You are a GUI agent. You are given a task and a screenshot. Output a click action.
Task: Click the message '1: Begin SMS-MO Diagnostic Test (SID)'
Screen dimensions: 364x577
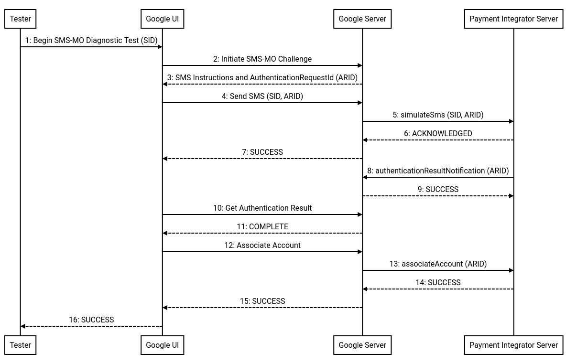point(91,41)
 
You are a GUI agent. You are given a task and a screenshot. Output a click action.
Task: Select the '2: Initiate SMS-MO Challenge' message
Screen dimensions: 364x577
point(262,59)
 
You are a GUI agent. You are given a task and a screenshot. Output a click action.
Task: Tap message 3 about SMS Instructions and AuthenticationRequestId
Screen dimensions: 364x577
point(262,78)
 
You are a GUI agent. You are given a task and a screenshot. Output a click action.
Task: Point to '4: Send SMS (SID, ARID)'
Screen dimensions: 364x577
point(262,96)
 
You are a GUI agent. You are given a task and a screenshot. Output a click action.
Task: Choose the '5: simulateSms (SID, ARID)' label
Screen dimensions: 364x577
point(438,115)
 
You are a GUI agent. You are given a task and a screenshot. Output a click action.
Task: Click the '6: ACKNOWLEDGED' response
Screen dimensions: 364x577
point(438,134)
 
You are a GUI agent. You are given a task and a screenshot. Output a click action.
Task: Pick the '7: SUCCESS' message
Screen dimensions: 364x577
point(262,152)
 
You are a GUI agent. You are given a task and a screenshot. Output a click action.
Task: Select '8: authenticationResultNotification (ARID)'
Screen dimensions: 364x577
point(438,171)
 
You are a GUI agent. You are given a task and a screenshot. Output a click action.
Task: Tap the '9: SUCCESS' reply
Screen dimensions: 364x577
point(438,190)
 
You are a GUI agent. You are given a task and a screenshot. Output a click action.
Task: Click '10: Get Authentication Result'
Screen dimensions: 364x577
point(262,208)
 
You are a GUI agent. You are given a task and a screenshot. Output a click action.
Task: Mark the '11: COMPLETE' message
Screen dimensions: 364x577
point(262,227)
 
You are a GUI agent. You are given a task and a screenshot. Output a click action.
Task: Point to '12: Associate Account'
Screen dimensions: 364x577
point(262,246)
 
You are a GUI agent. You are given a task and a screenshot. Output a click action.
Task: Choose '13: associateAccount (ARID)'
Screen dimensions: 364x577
point(438,264)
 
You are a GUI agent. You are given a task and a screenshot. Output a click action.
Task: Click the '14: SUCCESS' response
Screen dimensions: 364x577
point(438,283)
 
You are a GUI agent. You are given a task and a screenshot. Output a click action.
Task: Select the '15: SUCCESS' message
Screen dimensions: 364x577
point(262,301)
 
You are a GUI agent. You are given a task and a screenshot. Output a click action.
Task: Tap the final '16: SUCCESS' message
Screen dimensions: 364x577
point(91,320)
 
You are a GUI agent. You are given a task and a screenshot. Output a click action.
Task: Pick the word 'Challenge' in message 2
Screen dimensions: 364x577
point(295,59)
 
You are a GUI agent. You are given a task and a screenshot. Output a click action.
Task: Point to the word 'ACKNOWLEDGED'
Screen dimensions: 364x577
point(442,134)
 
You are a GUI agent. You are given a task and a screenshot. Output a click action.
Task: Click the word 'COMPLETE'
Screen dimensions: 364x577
point(269,227)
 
